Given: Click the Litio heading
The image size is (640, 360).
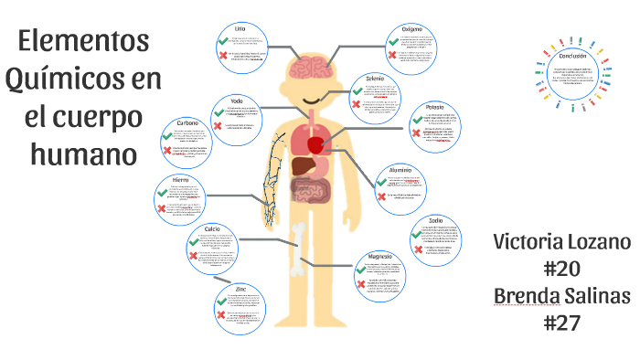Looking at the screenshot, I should click(x=240, y=28).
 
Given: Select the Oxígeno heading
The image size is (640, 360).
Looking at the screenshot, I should click(x=411, y=28).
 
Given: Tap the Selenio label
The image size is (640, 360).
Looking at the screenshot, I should click(x=375, y=79).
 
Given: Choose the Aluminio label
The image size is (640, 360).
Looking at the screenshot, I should click(x=400, y=169).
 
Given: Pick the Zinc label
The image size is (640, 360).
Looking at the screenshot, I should click(x=240, y=290).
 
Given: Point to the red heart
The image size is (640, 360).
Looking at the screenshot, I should click(x=316, y=143).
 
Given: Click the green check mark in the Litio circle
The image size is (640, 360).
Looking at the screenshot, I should click(x=223, y=40).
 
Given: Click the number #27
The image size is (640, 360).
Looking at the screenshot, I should click(x=561, y=323).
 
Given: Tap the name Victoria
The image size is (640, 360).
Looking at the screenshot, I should click(x=525, y=243).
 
